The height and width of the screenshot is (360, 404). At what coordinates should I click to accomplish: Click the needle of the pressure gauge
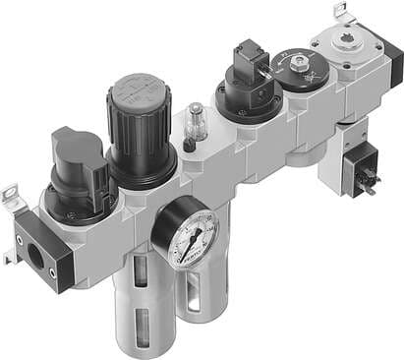click(187, 230)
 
